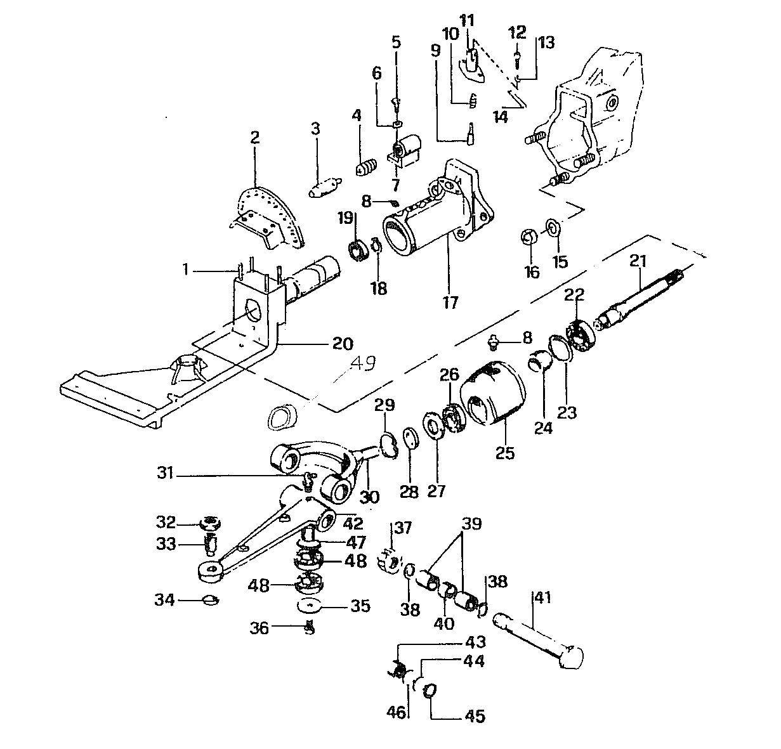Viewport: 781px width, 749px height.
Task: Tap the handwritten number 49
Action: coord(362,363)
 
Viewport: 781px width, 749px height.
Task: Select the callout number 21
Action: coord(638,260)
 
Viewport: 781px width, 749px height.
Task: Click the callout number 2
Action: coord(255,138)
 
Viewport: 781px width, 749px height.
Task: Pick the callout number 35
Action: coord(360,606)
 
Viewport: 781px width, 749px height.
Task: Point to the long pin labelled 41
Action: coord(539,641)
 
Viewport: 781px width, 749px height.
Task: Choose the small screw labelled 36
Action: coord(310,628)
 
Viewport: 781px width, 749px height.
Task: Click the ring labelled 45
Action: coord(431,689)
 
